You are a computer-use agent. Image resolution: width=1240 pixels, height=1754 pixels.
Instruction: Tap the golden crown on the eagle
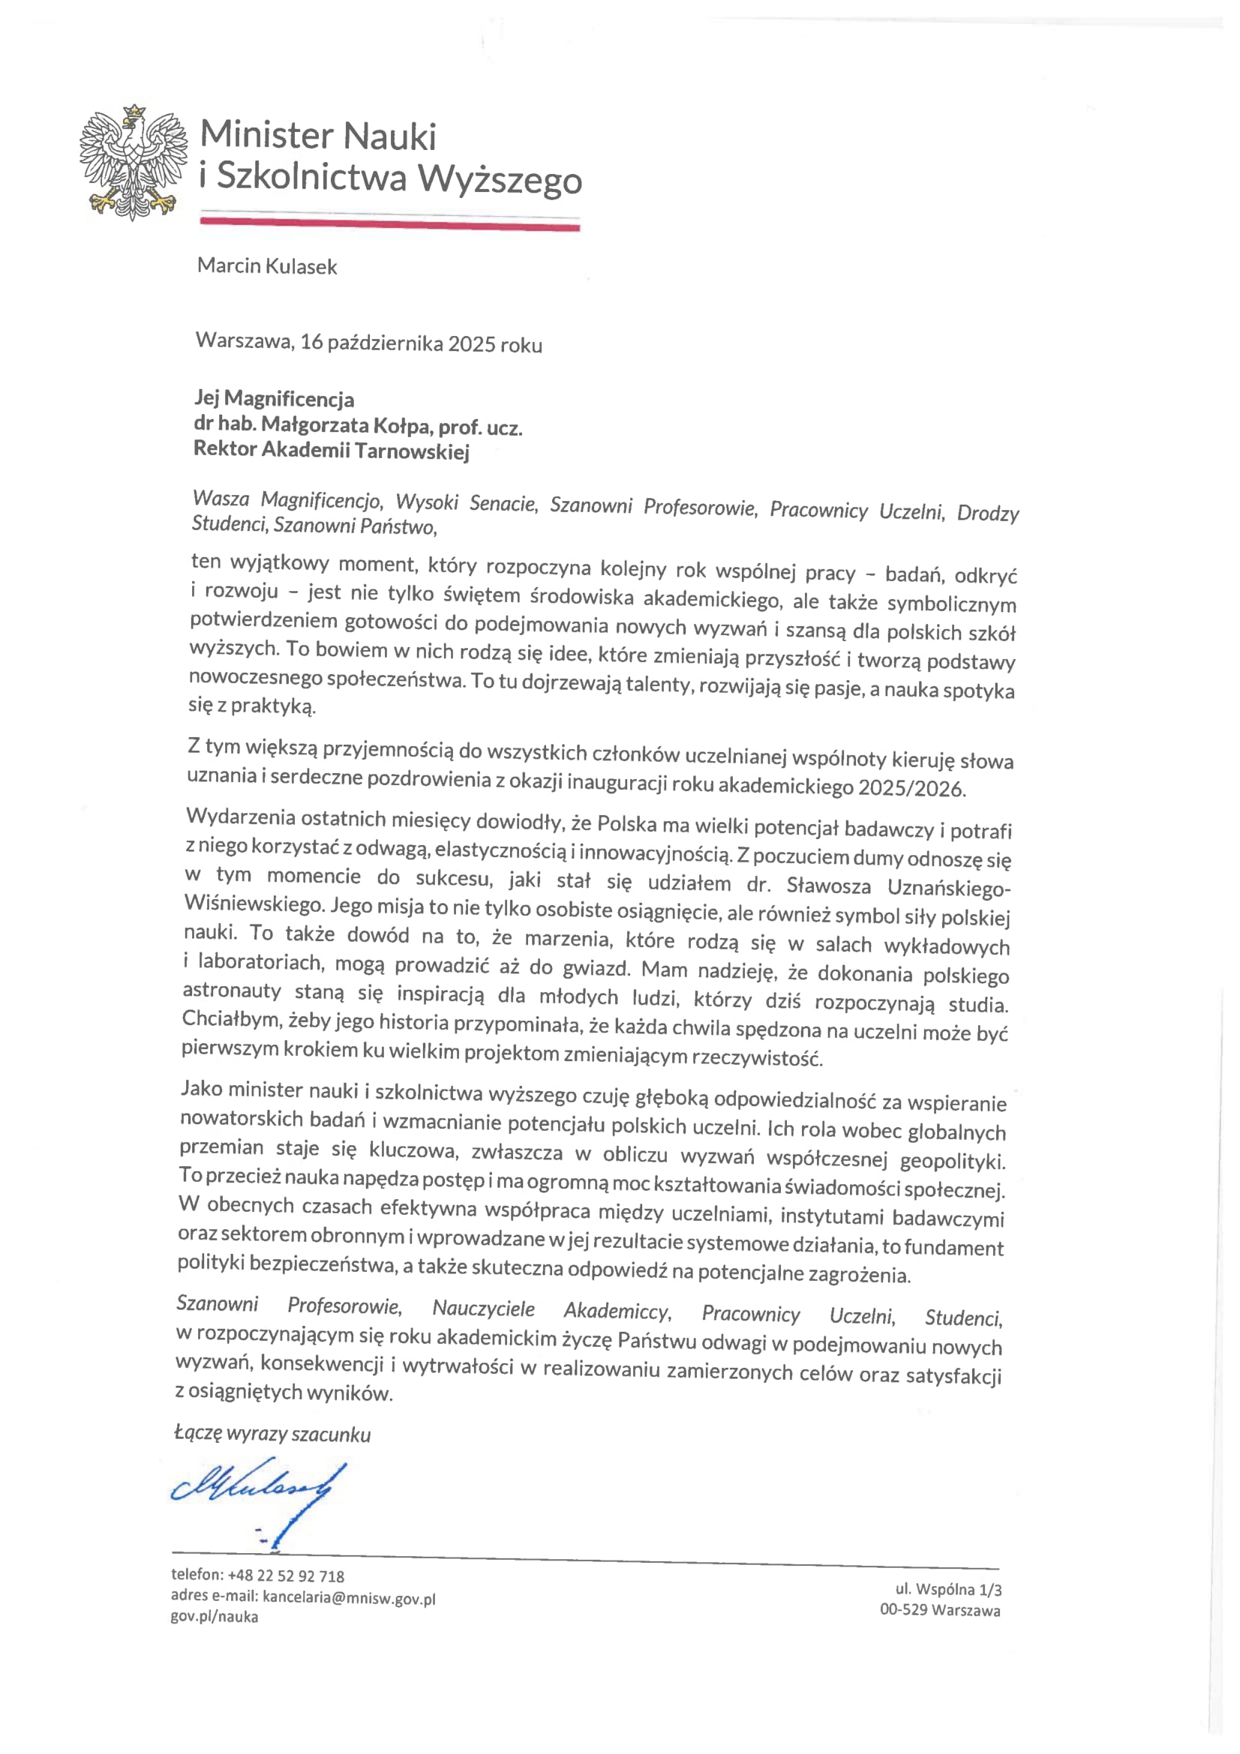click(134, 112)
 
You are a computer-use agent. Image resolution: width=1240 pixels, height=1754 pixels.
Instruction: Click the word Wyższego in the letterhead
click(500, 179)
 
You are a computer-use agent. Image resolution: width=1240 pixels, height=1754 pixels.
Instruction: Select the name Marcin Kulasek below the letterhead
click(266, 267)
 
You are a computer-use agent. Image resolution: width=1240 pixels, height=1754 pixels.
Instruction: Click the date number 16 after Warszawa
click(311, 341)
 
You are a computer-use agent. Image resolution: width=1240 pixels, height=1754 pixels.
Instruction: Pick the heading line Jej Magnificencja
click(275, 399)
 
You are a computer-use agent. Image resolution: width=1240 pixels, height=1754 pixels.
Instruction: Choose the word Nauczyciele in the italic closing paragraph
click(484, 1309)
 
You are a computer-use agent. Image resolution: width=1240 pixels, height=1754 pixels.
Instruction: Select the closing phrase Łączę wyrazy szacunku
click(272, 1435)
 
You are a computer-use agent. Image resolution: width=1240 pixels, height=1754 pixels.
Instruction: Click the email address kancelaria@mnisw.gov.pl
click(349, 1597)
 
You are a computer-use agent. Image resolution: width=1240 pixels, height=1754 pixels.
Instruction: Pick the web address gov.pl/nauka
click(214, 1617)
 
